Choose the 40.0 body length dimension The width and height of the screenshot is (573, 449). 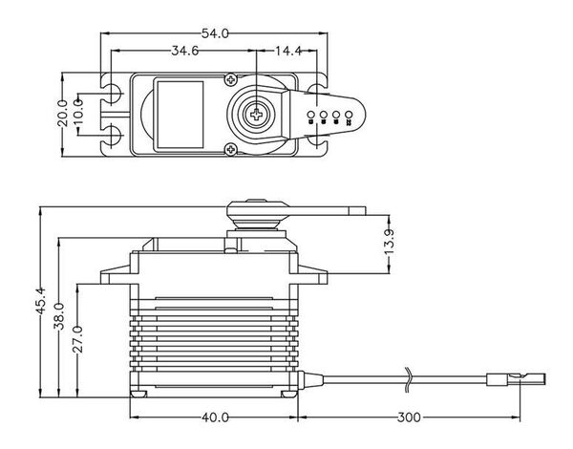point(215,417)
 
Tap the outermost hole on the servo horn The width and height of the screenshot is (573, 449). point(350,118)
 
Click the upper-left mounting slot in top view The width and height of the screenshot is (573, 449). point(112,93)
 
